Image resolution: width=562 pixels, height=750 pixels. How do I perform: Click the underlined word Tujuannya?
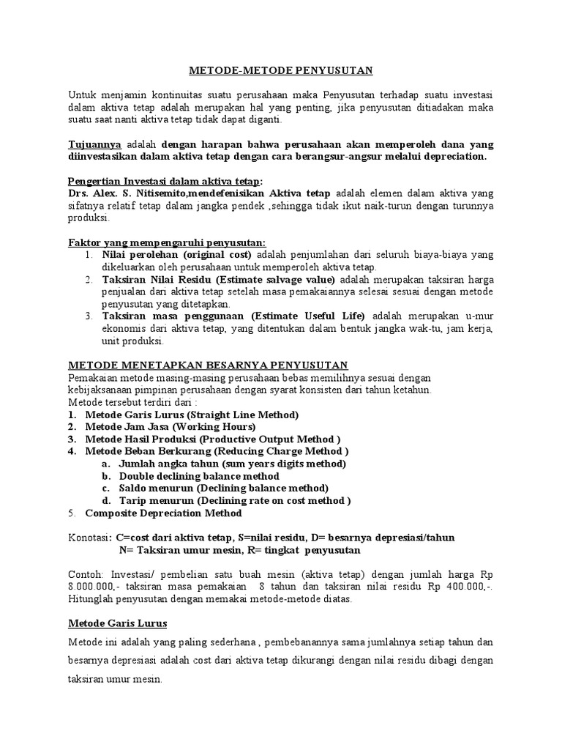coord(95,144)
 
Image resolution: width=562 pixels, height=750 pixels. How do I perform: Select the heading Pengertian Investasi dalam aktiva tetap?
coord(165,181)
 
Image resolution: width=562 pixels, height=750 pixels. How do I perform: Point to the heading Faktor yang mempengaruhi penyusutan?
coord(167,242)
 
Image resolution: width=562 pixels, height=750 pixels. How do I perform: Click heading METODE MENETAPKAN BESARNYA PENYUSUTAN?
coord(208,365)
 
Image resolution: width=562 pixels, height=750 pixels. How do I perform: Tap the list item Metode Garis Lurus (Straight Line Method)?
coord(192,415)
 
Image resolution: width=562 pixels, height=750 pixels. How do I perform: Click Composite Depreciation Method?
coord(163,513)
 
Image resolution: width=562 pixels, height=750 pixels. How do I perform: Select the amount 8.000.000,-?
coord(95,587)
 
